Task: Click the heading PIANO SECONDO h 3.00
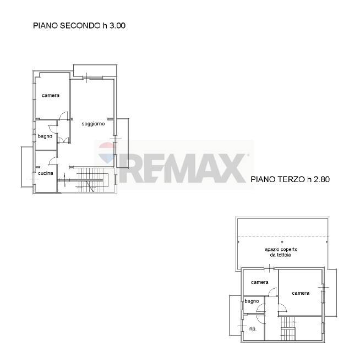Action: (79, 25)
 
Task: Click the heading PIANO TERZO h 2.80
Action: (290, 179)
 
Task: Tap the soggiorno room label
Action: (93, 124)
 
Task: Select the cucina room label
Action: (45, 173)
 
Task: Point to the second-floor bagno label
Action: (45, 136)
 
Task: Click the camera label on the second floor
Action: (51, 95)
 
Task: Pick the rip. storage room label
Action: (253, 329)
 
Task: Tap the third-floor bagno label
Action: (252, 301)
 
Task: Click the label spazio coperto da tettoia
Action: (281, 252)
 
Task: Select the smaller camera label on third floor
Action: (259, 282)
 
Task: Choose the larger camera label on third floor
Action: (301, 293)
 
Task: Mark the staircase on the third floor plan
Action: (288, 328)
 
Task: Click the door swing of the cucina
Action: (53, 161)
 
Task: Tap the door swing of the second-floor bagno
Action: (53, 129)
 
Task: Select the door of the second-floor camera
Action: (63, 116)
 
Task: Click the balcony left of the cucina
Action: (28, 167)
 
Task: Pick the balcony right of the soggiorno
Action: (123, 143)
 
